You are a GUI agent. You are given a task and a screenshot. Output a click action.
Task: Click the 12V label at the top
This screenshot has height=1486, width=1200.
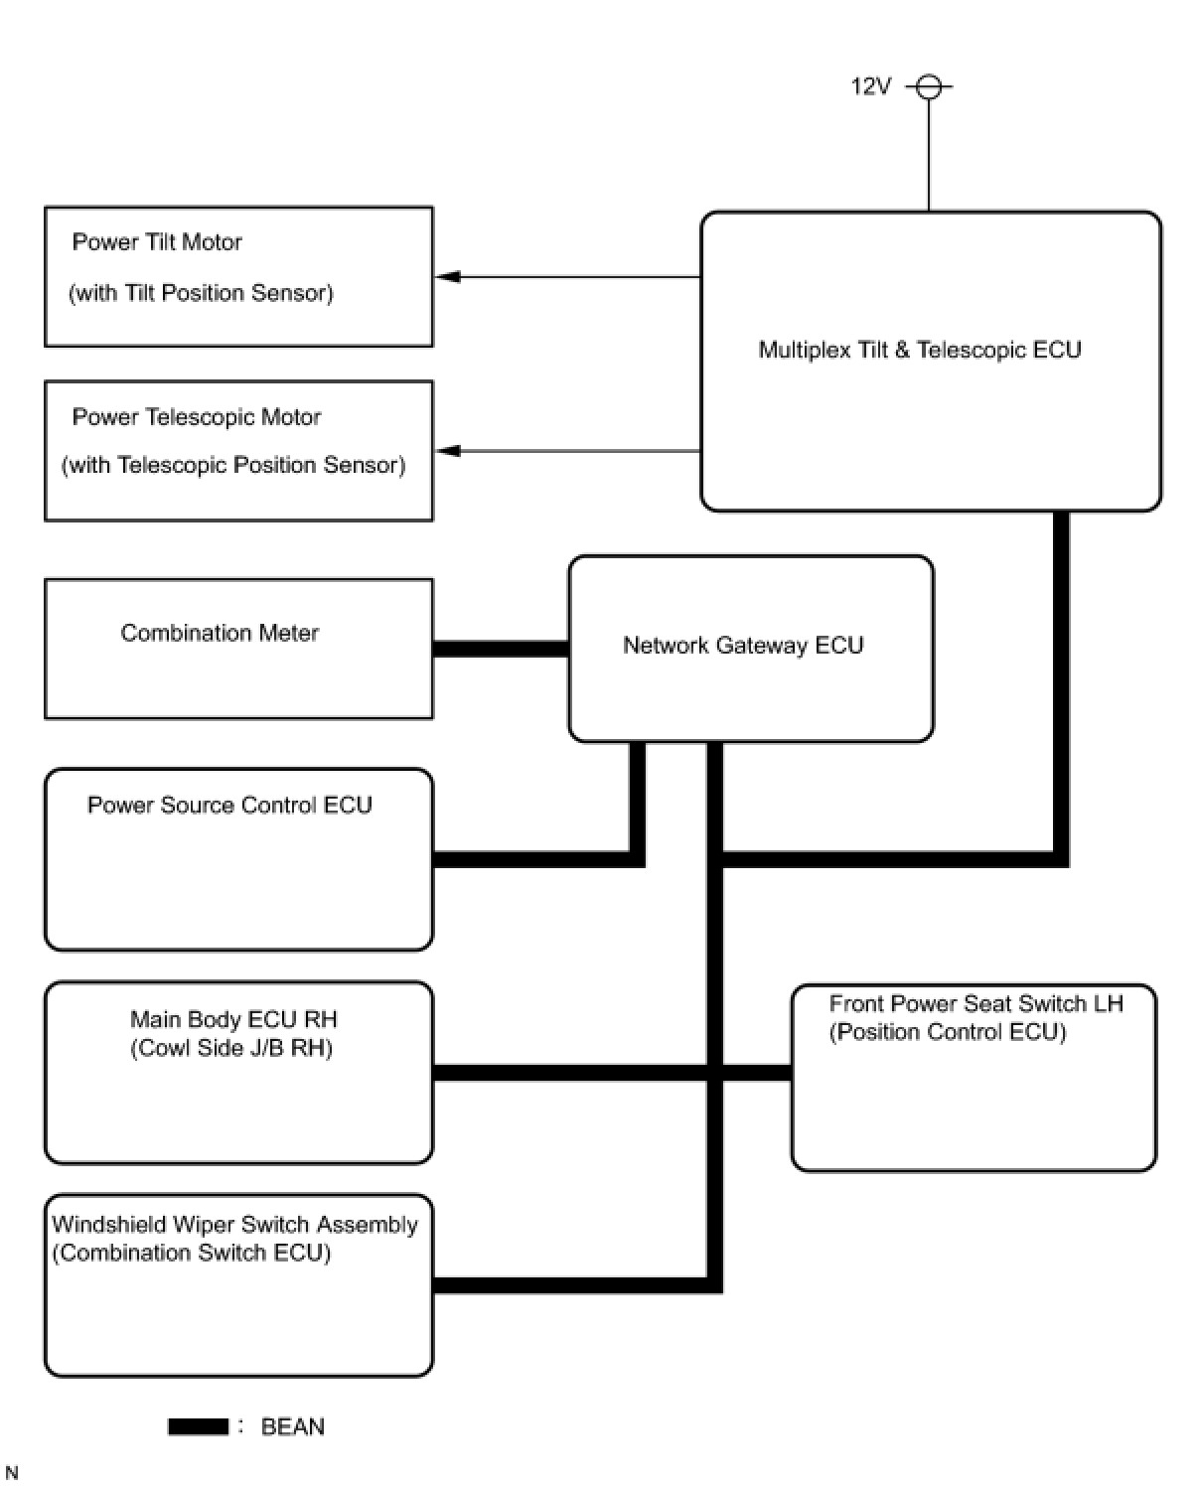tap(870, 86)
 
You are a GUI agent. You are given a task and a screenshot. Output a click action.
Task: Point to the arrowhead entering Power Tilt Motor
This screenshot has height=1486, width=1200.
tap(447, 276)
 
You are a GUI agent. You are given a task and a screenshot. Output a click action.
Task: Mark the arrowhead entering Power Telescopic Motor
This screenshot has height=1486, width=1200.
tap(447, 451)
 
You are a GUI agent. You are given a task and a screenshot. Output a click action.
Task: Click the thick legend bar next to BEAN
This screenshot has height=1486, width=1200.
tap(198, 1427)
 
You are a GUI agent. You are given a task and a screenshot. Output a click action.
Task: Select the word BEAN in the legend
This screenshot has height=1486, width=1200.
tap(292, 1427)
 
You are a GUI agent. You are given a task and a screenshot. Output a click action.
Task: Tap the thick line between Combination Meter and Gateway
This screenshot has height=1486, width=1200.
tap(501, 649)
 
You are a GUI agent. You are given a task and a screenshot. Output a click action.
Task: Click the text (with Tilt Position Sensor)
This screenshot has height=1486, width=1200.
tap(201, 293)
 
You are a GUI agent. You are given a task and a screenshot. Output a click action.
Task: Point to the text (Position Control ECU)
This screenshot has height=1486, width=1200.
tap(948, 1032)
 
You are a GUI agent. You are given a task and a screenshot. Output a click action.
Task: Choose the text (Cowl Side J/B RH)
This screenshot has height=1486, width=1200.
tap(231, 1048)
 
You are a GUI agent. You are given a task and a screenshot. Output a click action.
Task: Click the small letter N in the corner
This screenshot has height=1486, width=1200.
tap(11, 1473)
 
